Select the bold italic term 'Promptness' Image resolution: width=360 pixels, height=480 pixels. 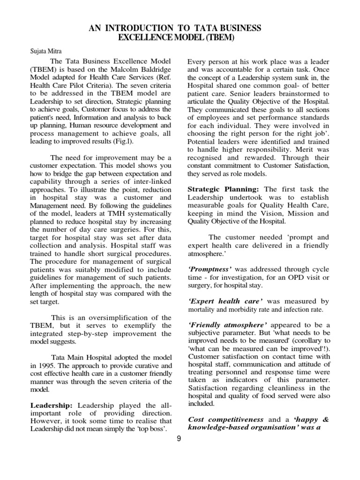[x=208, y=269]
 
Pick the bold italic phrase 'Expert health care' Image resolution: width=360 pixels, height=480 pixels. [x=222, y=301]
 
